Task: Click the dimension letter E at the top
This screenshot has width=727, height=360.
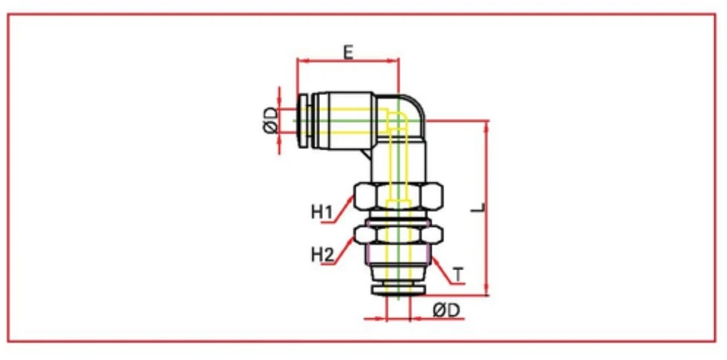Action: (x=348, y=51)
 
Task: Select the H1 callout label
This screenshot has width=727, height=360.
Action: (x=321, y=212)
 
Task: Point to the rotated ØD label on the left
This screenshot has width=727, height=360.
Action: (x=270, y=120)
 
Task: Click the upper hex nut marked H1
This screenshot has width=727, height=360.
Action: (x=399, y=198)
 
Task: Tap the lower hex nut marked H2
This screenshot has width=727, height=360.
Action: (x=399, y=235)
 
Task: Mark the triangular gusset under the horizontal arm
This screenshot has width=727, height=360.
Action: (x=366, y=152)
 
